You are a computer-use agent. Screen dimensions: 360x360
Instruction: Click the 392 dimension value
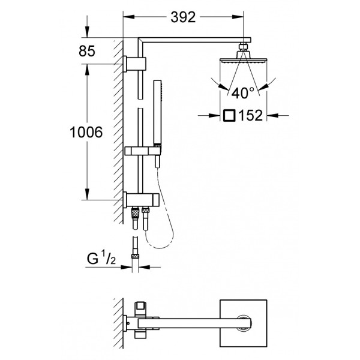[183, 17]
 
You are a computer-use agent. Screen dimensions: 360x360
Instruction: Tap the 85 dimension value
[87, 51]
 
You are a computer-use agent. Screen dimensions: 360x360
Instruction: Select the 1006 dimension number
[86, 132]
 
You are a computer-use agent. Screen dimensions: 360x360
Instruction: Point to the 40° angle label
[243, 93]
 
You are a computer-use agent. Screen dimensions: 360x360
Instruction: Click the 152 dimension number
[250, 115]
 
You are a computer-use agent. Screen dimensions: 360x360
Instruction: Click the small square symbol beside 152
[230, 115]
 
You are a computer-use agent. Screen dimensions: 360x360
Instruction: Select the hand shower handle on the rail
[157, 113]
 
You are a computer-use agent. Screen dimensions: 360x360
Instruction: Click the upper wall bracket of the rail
[134, 64]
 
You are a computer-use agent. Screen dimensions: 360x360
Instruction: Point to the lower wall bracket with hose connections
[141, 200]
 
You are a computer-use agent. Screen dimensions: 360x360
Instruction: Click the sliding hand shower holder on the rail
[143, 151]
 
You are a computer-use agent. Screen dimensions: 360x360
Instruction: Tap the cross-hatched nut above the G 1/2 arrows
[135, 256]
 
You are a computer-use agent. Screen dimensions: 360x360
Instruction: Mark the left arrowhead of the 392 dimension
[129, 17]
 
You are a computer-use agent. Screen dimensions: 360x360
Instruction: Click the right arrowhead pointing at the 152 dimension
[272, 115]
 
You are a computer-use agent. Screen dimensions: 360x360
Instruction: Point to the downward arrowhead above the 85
[87, 32]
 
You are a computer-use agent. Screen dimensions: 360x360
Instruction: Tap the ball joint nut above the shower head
[244, 47]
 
